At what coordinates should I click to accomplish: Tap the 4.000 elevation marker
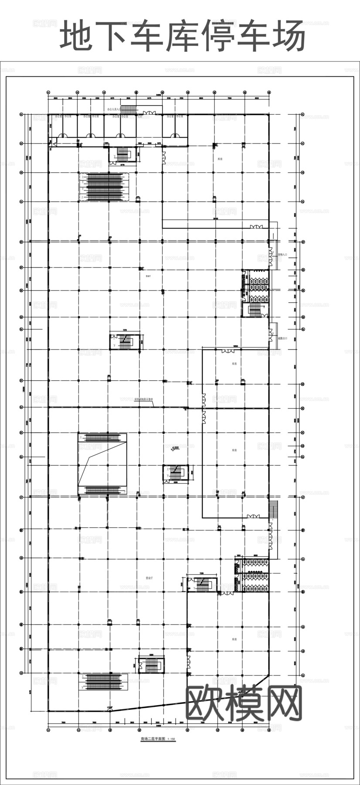click(x=176, y=448)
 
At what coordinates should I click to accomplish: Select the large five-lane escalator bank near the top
click(x=104, y=187)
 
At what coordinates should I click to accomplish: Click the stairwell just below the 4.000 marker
click(x=177, y=473)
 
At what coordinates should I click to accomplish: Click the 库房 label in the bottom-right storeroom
click(x=234, y=639)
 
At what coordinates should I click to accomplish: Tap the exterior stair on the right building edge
click(x=274, y=509)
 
